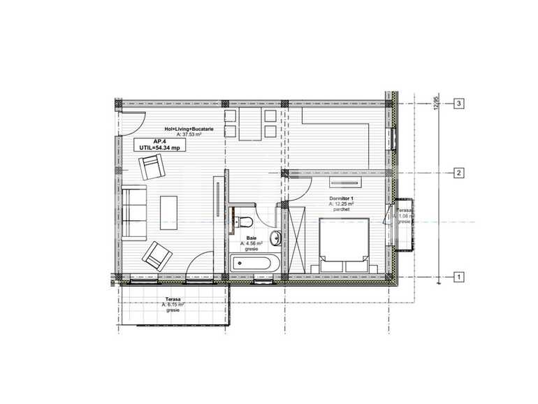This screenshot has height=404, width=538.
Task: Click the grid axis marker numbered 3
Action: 459,103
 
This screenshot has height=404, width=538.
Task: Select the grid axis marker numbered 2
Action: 459,173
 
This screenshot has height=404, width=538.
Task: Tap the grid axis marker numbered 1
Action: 459,277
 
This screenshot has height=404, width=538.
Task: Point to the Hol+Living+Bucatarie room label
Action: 188,129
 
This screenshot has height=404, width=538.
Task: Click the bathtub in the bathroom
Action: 254,264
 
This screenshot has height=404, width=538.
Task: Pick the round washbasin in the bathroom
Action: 277,238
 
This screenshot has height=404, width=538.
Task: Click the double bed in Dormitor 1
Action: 344,244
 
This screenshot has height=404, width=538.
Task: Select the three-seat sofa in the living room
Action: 133,209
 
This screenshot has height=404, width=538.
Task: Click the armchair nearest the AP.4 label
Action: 152,168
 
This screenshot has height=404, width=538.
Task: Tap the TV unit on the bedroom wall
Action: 346,184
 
